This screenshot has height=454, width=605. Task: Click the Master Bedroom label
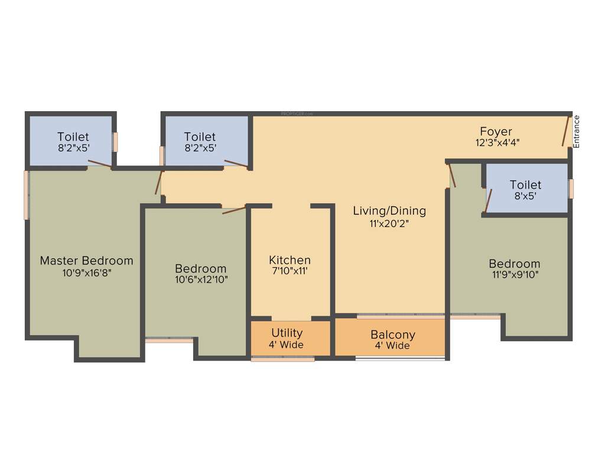pos(86,261)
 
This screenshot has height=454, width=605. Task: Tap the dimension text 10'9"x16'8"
pos(86,273)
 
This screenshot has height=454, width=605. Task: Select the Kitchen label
pos(290,260)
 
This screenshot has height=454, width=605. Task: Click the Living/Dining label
pos(389,211)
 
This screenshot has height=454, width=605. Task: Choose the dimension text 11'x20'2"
pos(389,223)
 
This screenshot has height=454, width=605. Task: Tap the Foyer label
pos(496,131)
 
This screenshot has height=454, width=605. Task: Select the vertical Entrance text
pos(577,131)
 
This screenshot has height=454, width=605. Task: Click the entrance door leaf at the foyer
pos(565,131)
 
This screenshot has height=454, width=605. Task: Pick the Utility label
pos(287,333)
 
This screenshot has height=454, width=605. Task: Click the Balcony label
pos(393,335)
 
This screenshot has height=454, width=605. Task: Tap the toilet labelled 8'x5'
pos(525,190)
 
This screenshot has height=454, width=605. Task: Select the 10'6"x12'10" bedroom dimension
pos(200,279)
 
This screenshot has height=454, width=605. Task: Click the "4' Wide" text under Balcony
pos(392,346)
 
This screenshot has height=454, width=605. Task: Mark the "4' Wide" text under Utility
pos(286,345)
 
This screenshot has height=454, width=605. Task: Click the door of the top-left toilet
pos(99,164)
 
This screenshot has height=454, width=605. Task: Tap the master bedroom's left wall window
pos(26,195)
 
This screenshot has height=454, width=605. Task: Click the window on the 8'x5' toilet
pos(571,189)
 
